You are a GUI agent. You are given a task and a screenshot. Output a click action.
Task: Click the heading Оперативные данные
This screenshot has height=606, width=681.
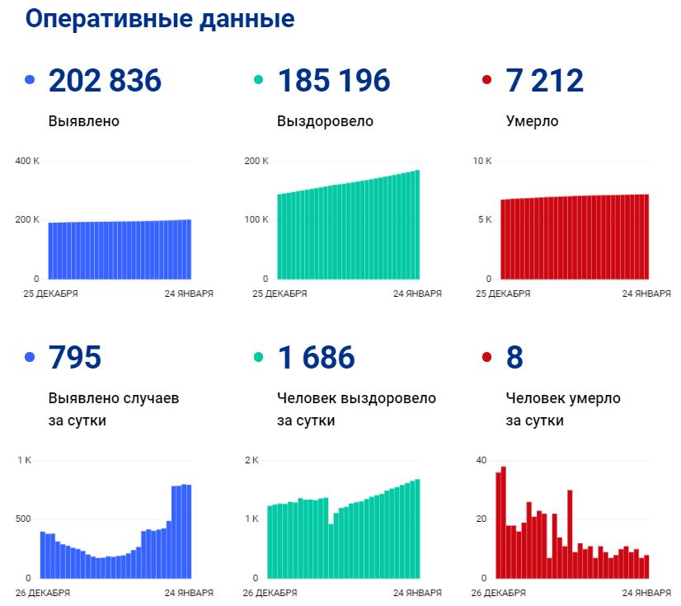point(160,19)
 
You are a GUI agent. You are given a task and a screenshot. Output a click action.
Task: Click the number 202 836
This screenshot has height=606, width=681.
point(105,81)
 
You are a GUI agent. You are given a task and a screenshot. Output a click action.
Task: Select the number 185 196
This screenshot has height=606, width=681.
point(333,81)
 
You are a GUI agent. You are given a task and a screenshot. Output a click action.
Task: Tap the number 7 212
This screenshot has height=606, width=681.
point(544,81)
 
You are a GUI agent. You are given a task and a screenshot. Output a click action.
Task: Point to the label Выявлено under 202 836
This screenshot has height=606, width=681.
point(84,121)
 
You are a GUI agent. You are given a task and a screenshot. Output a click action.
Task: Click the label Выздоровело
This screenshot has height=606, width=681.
point(325,121)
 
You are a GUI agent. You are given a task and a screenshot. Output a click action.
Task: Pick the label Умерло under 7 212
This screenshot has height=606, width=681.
point(532,121)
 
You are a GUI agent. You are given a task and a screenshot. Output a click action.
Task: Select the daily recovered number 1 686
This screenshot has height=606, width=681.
point(316,358)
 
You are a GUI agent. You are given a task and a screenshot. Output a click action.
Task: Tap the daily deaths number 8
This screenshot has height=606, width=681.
point(514,358)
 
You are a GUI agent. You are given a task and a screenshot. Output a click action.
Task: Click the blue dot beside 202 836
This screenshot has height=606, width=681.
point(31,81)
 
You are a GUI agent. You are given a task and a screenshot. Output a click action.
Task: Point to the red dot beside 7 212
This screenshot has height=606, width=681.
point(486,81)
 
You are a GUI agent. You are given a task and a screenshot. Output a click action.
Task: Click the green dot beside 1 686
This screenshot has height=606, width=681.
point(259,358)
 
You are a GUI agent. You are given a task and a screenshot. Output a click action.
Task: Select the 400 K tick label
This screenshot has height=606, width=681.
point(27,160)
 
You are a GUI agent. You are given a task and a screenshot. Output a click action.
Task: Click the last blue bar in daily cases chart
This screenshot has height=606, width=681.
point(189,531)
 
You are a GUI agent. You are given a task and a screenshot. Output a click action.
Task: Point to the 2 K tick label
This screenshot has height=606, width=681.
point(251,460)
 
